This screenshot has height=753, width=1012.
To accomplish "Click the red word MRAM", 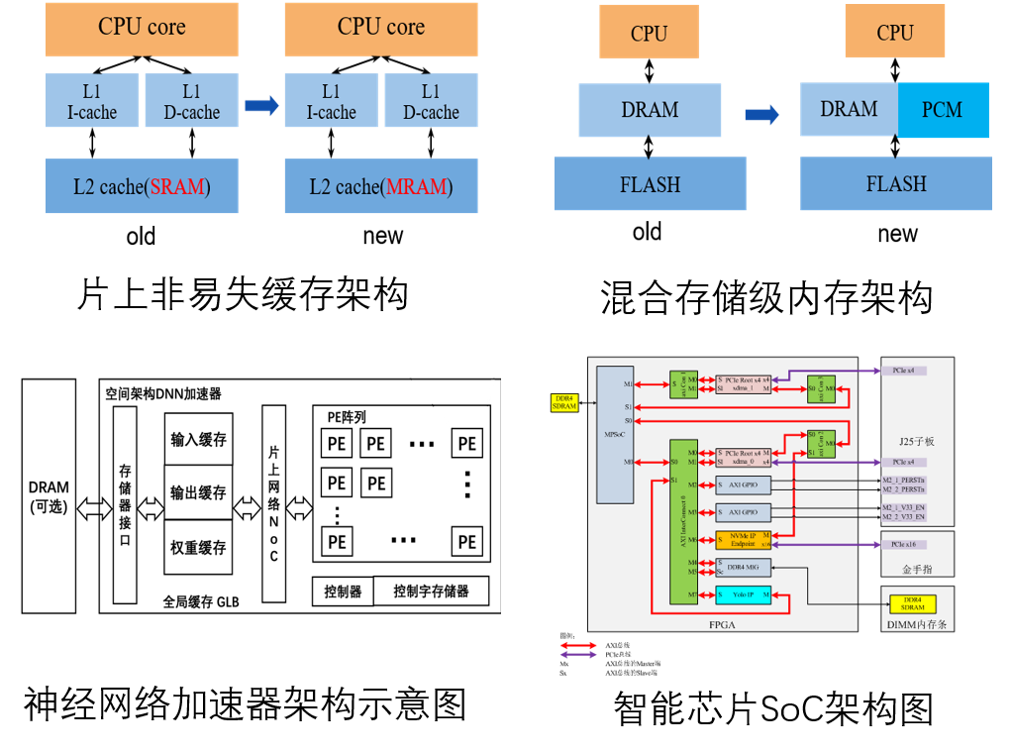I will click(415, 186).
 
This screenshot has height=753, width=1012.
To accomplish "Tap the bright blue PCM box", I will click(942, 110).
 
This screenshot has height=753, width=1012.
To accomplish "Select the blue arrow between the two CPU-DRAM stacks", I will click(761, 114).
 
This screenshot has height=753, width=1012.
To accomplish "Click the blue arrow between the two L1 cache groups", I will click(261, 105).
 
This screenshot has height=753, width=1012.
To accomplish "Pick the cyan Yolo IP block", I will click(744, 596).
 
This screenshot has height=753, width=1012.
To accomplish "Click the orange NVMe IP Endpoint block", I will click(744, 540).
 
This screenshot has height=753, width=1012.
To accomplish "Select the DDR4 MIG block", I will click(744, 567).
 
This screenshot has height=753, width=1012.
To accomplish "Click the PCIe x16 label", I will click(903, 545).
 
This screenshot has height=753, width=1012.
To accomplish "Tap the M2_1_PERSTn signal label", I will click(903, 480).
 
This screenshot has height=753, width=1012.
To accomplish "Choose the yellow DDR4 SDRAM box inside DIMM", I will click(912, 603).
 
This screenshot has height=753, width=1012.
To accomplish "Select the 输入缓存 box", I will click(198, 439).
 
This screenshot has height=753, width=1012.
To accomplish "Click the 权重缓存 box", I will click(198, 547).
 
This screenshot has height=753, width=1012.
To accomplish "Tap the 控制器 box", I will click(343, 592).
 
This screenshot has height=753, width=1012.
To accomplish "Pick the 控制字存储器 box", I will click(431, 592).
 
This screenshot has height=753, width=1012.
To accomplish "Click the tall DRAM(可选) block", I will click(49, 495).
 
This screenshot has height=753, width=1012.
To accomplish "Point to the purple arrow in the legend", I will click(578, 655).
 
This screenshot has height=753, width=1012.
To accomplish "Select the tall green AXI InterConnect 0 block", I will click(682, 520).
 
